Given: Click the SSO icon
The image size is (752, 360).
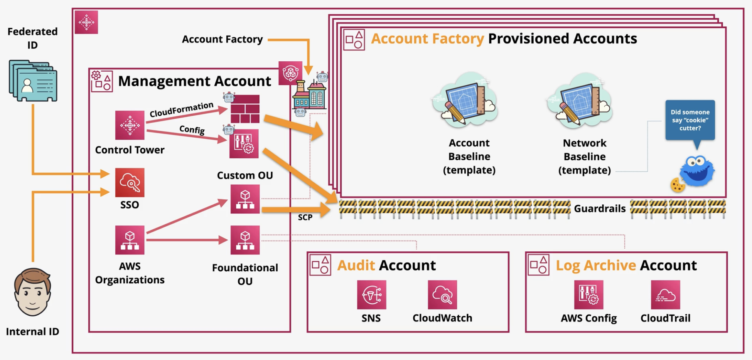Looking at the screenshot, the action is [x=130, y=182].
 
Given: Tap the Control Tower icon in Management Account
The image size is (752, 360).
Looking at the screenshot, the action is [x=130, y=125].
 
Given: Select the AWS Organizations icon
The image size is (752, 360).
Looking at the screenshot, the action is [x=130, y=240].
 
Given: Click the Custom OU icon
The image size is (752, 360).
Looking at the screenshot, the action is [x=245, y=199].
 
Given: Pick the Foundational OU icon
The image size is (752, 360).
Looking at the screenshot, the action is [x=245, y=240].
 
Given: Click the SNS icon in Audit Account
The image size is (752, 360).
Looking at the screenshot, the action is [x=371, y=294].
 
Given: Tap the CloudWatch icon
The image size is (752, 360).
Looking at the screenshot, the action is [x=442, y=294].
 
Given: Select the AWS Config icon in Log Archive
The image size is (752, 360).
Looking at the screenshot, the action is [x=588, y=294].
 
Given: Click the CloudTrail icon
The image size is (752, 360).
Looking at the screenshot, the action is [x=665, y=294].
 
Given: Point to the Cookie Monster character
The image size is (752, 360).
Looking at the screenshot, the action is [x=697, y=170].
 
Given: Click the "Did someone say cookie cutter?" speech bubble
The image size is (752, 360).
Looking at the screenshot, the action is [x=690, y=120].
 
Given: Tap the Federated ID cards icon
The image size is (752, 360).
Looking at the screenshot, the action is [x=33, y=81].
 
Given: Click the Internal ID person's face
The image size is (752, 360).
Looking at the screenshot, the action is [x=33, y=292].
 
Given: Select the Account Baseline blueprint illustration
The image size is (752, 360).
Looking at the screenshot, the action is [x=465, y=99].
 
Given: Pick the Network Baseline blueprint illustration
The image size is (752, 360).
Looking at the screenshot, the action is [x=580, y=99].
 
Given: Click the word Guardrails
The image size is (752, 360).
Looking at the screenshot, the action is [x=600, y=209].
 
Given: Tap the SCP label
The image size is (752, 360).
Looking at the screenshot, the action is [x=305, y=217].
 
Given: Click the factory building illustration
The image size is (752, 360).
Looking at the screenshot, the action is [x=309, y=94].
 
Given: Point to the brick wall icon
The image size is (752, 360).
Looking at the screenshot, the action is [x=245, y=109].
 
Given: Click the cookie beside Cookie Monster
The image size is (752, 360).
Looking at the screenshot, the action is [x=678, y=185].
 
